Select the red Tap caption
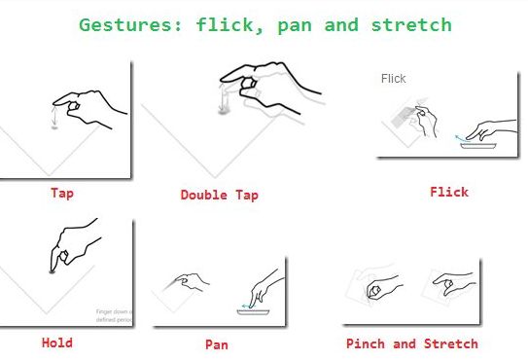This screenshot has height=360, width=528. click(x=62, y=193)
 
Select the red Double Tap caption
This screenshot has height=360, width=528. click(x=219, y=195)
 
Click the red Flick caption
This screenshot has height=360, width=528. click(x=449, y=192)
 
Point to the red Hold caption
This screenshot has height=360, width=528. click(x=56, y=342)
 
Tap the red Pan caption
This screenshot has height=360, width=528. click(x=216, y=344)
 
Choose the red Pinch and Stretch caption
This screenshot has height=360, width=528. click(x=412, y=343)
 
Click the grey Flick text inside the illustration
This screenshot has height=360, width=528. click(x=394, y=79)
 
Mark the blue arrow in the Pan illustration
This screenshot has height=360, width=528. click(x=245, y=306)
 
